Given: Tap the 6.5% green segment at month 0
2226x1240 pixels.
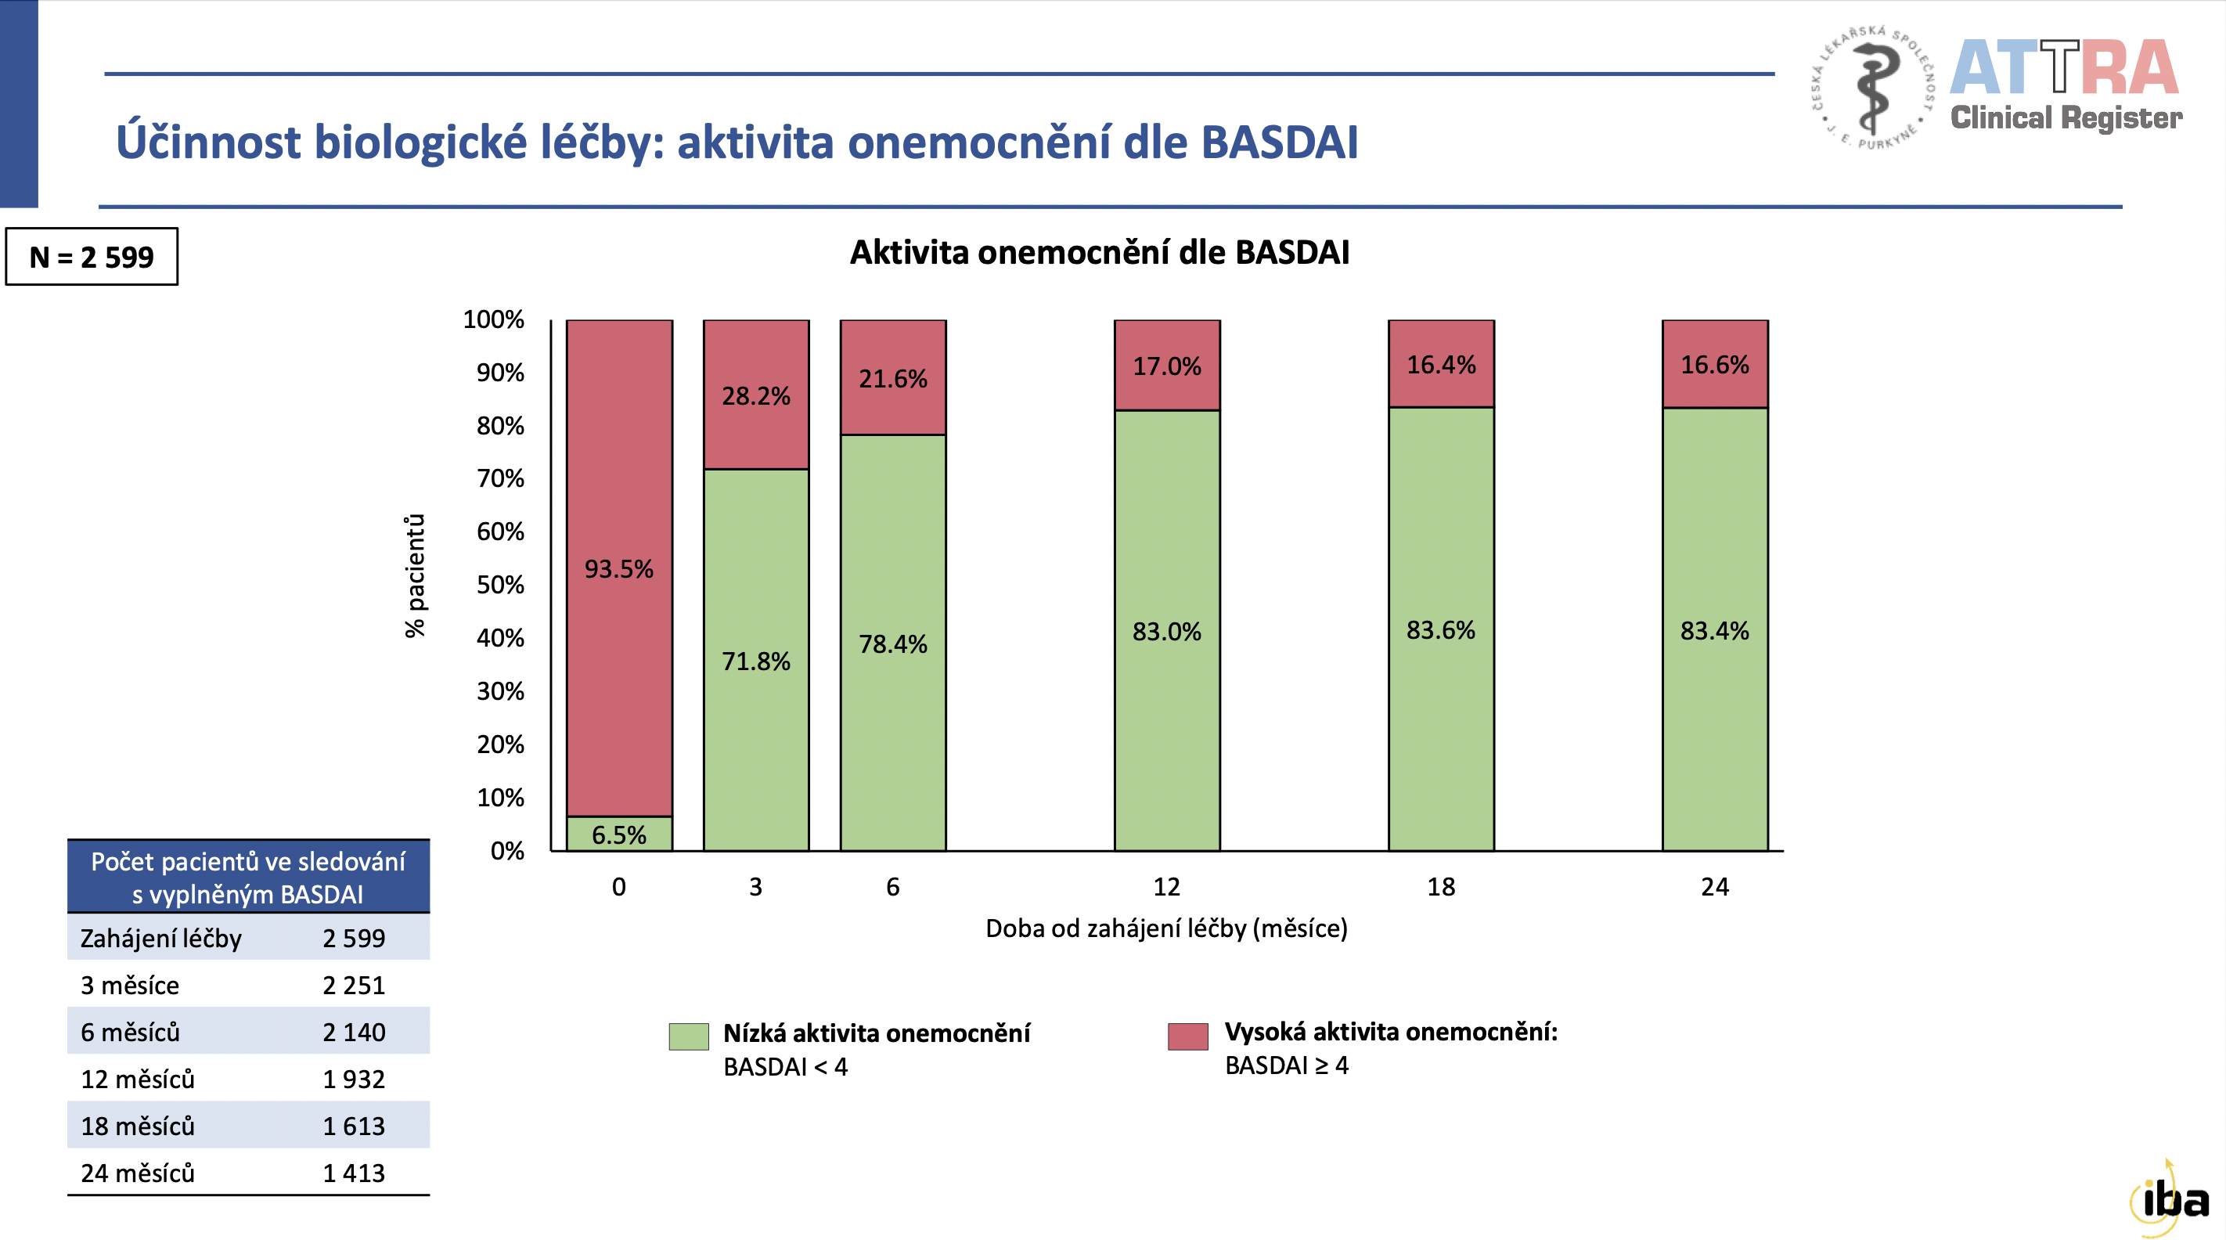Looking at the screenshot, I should tap(618, 834).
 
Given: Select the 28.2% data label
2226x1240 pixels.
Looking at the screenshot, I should tap(755, 396).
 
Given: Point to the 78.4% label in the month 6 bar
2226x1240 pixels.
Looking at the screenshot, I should tap(891, 643).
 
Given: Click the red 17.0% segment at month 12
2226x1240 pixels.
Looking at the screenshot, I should tap(1166, 366).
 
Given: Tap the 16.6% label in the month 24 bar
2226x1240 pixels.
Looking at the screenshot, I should tap(1713, 365).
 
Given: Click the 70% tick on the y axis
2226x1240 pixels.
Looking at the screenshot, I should tap(500, 479).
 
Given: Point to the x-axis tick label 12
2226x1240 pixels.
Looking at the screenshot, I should tap(1165, 887).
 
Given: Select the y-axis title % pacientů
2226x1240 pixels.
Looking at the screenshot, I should tap(416, 575).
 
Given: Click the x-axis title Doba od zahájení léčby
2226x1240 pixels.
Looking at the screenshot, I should tap(1165, 928).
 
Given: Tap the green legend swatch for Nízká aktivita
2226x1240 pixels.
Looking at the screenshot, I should tap(688, 1036).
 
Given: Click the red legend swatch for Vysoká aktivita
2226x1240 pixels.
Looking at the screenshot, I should tap(1187, 1036).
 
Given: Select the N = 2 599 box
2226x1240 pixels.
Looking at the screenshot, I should tap(92, 257).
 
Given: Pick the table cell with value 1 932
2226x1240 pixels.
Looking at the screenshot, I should tap(354, 1080).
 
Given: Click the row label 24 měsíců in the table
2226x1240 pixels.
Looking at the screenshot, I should tap(138, 1173).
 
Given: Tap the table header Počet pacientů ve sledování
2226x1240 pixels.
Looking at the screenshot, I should tap(248, 877).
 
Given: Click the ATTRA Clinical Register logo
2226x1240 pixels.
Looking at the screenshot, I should tap(2065, 86).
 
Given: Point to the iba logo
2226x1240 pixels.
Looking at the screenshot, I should tap(2170, 1199).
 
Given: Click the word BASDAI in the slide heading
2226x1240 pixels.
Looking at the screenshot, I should tap(1279, 142).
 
